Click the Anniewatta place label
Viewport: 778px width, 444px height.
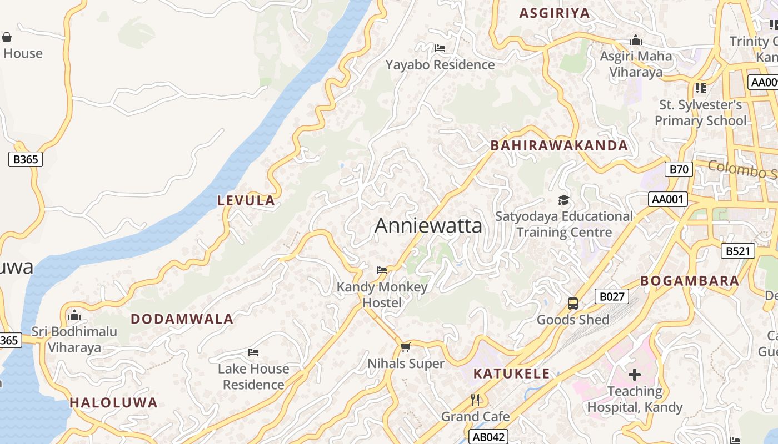click(x=428, y=226)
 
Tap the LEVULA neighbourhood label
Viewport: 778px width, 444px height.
click(x=246, y=201)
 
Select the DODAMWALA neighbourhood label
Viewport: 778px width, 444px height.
click(x=182, y=319)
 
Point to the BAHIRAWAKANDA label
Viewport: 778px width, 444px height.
click(x=559, y=146)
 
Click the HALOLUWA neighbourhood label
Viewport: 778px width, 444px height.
click(x=113, y=403)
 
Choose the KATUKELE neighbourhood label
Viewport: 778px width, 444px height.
click(x=511, y=374)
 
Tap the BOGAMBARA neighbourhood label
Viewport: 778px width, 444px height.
click(x=690, y=281)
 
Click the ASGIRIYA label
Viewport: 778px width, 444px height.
click(x=554, y=13)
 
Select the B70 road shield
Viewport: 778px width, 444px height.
click(x=679, y=169)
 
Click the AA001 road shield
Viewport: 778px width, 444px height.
click(x=667, y=199)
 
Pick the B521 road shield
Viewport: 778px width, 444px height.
click(x=738, y=251)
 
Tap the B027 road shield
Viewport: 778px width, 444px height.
click(x=611, y=296)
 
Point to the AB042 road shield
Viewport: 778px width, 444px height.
click(x=488, y=437)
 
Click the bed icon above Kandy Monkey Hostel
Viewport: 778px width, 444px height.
click(x=382, y=270)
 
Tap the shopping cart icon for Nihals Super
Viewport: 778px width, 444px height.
click(x=406, y=347)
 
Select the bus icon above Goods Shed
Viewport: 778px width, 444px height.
click(x=573, y=304)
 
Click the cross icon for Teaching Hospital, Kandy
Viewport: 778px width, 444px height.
click(x=634, y=375)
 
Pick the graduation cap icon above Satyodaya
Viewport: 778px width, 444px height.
click(x=563, y=200)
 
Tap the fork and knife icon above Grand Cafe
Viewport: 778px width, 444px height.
click(x=475, y=400)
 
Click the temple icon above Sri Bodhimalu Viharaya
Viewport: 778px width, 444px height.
click(x=74, y=316)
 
